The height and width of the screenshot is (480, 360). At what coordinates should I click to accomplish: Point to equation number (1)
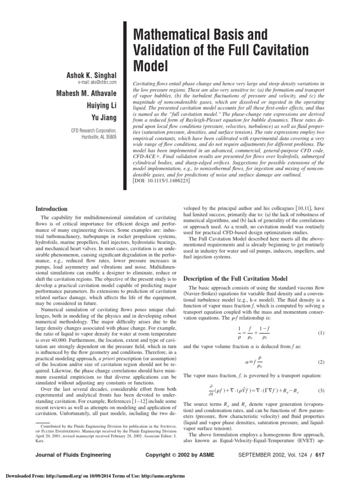point(321,333)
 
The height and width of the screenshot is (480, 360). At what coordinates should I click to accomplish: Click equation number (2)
point(321,362)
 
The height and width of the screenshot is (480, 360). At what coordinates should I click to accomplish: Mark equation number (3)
point(321,390)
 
